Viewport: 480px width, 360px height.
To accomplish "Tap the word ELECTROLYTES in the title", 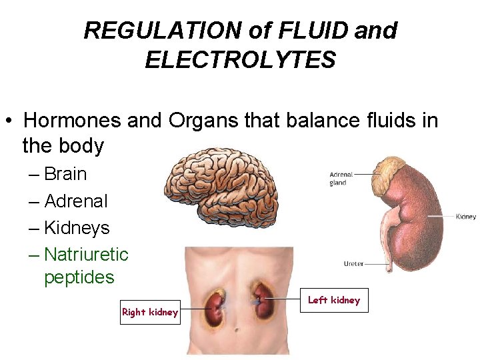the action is coord(240,61).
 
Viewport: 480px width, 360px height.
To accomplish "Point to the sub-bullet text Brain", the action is coord(65,174).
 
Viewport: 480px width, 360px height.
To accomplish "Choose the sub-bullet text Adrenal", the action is coord(75,201).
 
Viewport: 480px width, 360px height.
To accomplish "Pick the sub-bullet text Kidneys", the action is coord(77,228).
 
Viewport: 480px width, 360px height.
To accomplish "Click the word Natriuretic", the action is coord(86,255).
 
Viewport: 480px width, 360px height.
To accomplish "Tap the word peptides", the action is coord(79,277).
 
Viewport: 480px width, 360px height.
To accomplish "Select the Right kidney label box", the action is coord(150,312).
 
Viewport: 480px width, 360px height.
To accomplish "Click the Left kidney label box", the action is coord(333,301).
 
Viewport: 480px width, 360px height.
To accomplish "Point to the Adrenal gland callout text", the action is coord(341,179).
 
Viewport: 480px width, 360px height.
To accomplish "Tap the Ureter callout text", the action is coord(353,264).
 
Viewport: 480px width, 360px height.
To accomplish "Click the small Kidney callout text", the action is coord(465,217).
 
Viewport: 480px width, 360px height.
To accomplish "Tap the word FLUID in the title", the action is coord(317,31).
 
